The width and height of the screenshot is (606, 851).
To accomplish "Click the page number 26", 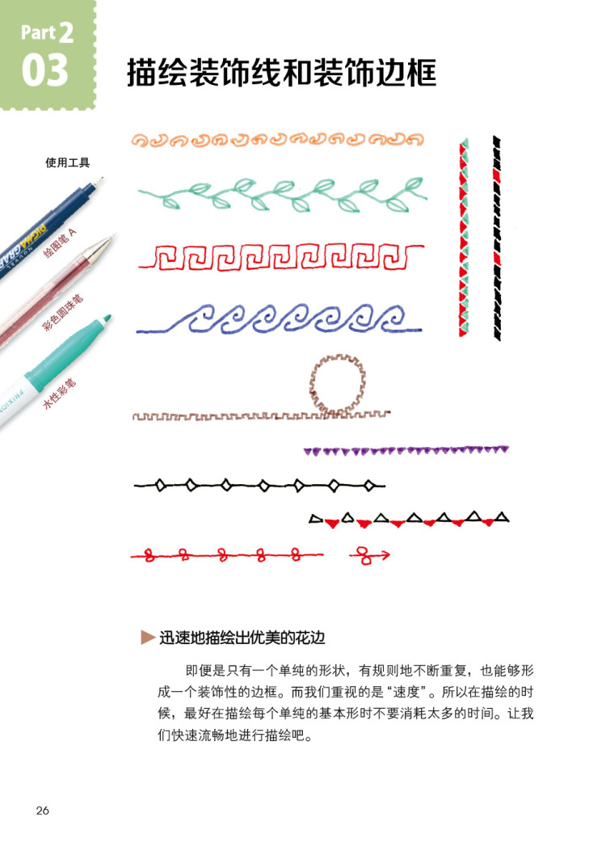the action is [43, 811].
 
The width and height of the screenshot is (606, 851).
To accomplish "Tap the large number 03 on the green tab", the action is [45, 70].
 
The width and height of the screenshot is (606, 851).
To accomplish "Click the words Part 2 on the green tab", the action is [47, 33].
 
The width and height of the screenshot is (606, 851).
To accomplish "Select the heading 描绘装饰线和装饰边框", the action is [281, 74].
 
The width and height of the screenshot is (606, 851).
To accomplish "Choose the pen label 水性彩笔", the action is [60, 397].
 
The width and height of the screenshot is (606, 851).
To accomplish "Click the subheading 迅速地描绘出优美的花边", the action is [242, 637].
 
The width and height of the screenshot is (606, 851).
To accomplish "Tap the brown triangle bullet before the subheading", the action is [147, 637].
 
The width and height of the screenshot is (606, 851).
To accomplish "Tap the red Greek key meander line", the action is [281, 258].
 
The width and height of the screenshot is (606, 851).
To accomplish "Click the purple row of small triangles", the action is [406, 450].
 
